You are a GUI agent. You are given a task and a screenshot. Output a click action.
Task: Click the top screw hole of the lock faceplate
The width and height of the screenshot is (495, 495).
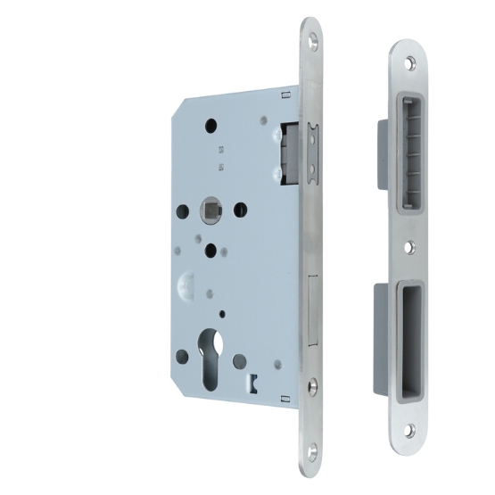314,39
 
